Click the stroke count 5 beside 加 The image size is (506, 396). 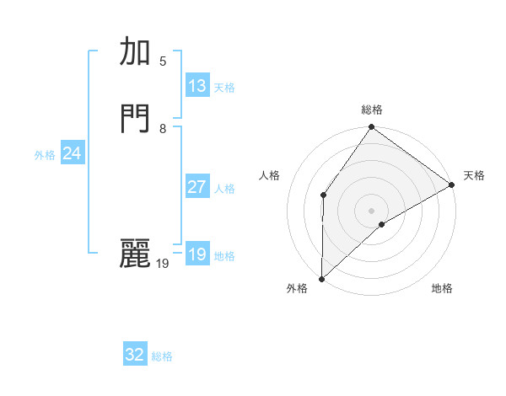pyautogui.click(x=163, y=61)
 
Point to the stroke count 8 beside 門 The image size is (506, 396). pyautogui.click(x=163, y=129)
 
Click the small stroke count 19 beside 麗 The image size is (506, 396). pyautogui.click(x=163, y=264)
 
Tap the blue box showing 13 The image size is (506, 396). pyautogui.click(x=197, y=86)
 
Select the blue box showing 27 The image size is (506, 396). pyautogui.click(x=197, y=187)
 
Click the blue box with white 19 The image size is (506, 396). pyautogui.click(x=197, y=254)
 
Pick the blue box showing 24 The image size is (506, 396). pyautogui.click(x=72, y=153)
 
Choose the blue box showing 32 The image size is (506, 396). pyautogui.click(x=135, y=355)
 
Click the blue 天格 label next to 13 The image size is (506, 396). pyautogui.click(x=224, y=88)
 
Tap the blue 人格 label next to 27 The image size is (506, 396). pyautogui.click(x=224, y=189)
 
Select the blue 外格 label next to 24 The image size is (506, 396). pyautogui.click(x=45, y=155)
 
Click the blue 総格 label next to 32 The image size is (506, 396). pyautogui.click(x=162, y=356)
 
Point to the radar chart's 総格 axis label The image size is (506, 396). pyautogui.click(x=372, y=110)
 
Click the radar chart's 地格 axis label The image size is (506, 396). pyautogui.click(x=442, y=289)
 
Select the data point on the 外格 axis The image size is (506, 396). pyautogui.click(x=322, y=278)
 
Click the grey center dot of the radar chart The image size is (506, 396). pyautogui.click(x=372, y=210)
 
